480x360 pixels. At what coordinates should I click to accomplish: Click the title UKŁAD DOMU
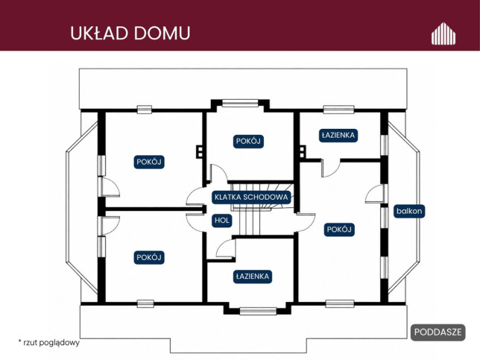130,33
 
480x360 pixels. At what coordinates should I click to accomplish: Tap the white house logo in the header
443,34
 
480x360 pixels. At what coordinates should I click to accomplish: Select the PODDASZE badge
438,332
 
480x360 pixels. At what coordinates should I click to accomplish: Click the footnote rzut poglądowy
49,342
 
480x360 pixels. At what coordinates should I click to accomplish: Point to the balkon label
409,211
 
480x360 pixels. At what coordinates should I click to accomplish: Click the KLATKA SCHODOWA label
251,197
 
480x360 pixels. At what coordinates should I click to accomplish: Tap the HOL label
222,221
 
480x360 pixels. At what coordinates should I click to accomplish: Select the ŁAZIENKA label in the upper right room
338,136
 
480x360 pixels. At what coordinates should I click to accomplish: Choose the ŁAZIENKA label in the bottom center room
253,277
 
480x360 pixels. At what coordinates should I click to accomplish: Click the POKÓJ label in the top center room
248,142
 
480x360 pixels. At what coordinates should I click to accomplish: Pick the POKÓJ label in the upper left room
149,162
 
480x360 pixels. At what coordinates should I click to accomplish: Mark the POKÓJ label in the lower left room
149,257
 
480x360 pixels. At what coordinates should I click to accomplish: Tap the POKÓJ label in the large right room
339,230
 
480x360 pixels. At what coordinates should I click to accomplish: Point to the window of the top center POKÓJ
240,103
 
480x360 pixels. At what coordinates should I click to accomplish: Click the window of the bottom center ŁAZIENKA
258,311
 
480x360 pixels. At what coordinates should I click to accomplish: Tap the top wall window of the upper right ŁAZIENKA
339,110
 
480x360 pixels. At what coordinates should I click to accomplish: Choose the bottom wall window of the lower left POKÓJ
145,303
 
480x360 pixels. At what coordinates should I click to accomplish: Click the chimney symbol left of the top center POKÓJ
200,151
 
